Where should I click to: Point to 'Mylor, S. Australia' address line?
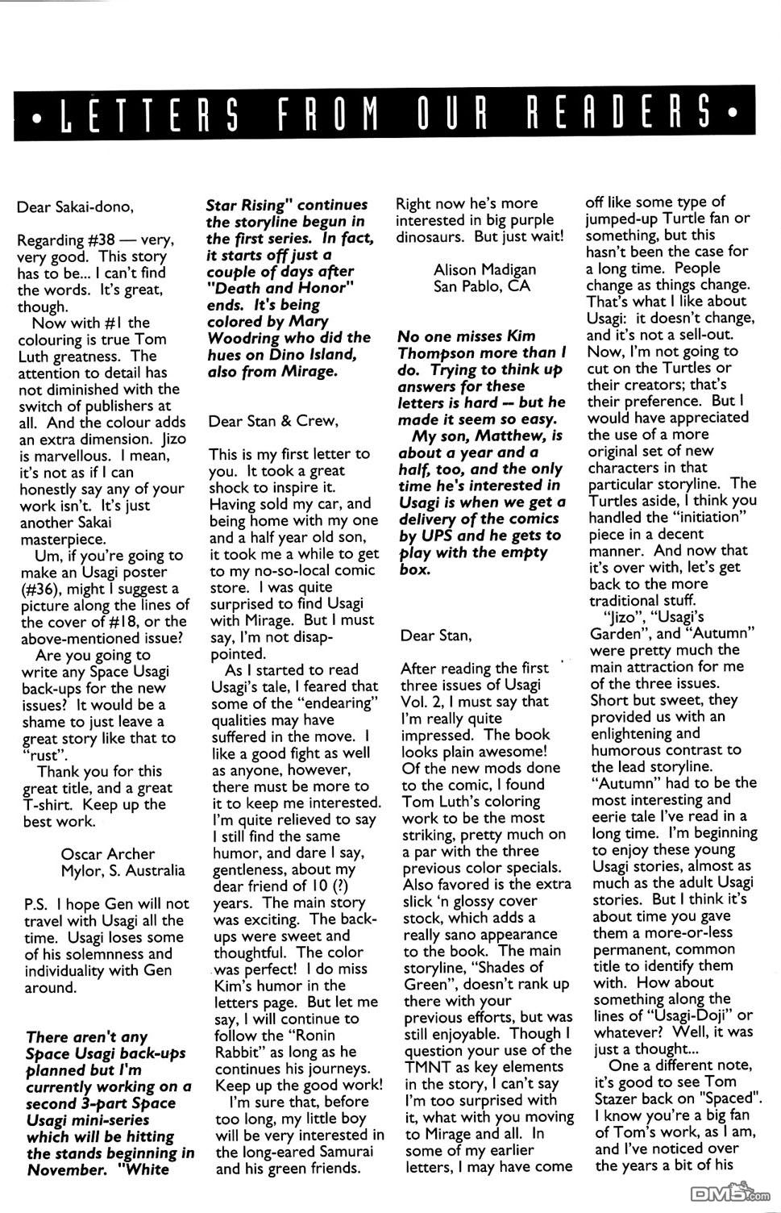[x=123, y=870]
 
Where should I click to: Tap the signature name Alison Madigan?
[x=484, y=269]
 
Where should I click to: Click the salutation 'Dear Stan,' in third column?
[x=435, y=635]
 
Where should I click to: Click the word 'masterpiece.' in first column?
[x=62, y=540]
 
